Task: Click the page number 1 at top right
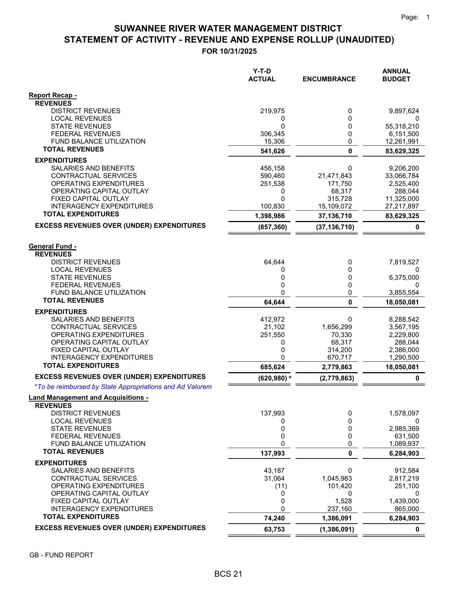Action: pos(428,17)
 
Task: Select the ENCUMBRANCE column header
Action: pos(329,79)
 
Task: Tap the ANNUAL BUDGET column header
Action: pos(396,75)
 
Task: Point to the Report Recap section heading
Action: pos(53,95)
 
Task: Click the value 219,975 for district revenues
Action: pos(272,111)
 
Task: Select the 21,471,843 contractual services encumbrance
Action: pos(335,176)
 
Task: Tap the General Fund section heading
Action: pos(52,246)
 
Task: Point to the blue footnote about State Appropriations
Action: pos(123,387)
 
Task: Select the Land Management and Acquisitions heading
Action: pos(89,398)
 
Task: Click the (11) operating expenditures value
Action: pos(281,486)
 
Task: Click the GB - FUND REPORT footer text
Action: pos(61,555)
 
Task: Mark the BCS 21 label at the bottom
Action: pos(228,574)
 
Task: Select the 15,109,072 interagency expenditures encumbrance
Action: pos(335,206)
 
